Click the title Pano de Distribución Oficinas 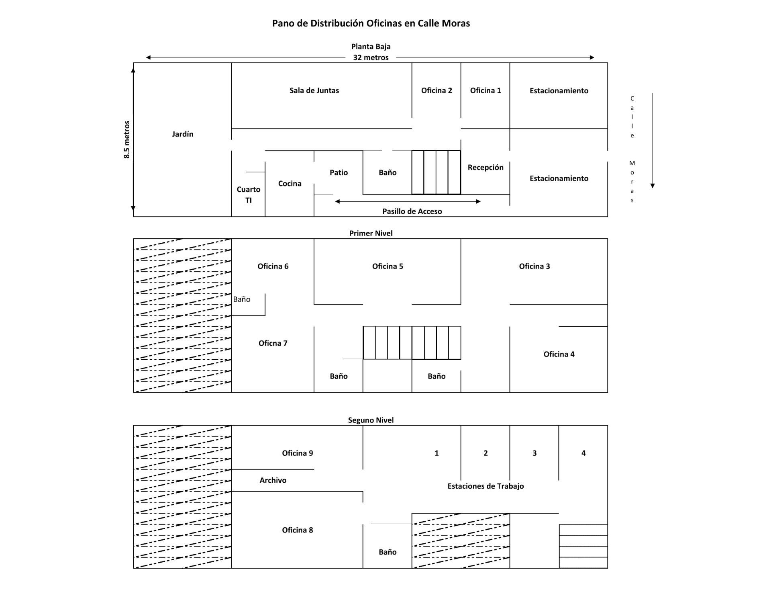371,23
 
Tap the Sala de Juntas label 314,90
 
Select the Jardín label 183,134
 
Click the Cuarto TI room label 249,195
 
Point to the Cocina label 290,184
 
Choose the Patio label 339,172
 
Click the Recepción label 485,168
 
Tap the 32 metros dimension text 371,57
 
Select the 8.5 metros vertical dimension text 127,139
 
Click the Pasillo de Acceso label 412,211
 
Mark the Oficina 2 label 436,90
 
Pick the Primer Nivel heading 371,233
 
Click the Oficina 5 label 388,266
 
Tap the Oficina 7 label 273,343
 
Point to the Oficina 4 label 559,354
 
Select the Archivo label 273,480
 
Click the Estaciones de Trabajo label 485,486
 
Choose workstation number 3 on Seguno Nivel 534,453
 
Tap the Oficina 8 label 297,530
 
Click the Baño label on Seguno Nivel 388,552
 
